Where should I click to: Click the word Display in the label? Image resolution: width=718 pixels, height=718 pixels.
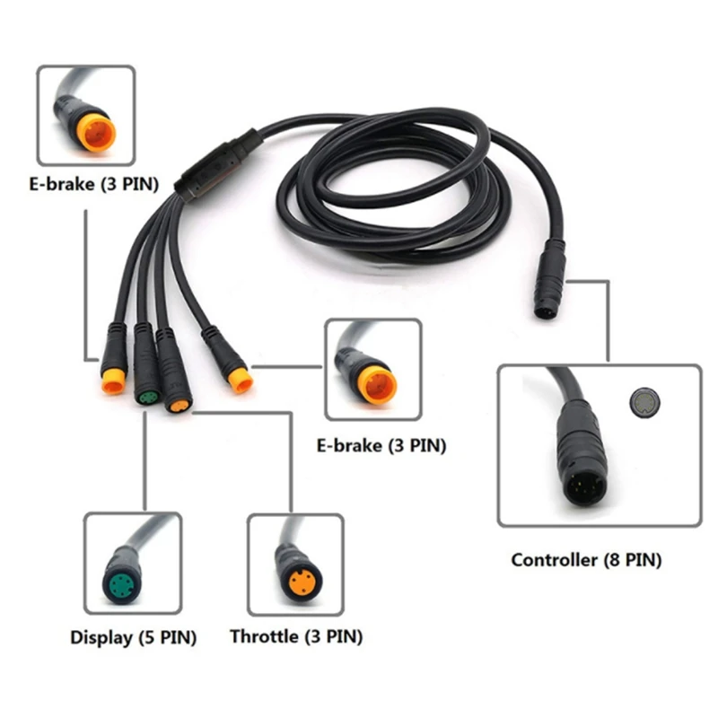coord(101,638)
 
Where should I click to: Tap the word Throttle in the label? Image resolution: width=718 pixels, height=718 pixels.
coord(264,637)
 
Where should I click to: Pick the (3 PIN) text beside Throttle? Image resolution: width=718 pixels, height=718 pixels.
coord(333,637)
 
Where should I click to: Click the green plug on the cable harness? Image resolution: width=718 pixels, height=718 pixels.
coord(146,395)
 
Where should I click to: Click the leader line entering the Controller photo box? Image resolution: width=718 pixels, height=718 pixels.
coord(608,323)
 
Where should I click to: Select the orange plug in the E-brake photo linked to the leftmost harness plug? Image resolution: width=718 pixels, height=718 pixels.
coord(92,129)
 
